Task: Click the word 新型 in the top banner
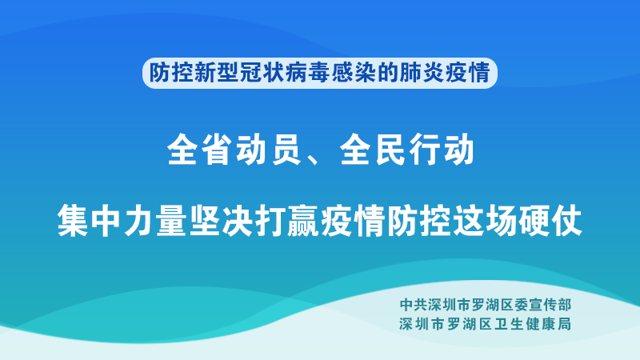point(217,73)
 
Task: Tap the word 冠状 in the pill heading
point(262,73)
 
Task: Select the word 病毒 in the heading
point(308,73)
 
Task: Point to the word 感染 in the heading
point(354,73)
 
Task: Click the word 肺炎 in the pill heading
point(422,73)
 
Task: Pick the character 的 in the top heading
point(388,73)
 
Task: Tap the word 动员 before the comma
point(270,150)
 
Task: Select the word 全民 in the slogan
point(373,150)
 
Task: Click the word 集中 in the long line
point(89,221)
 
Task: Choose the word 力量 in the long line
point(155,221)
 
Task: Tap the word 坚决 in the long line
point(222,221)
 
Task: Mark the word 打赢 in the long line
point(287,221)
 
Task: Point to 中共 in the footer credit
point(414,305)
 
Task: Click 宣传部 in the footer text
point(550,305)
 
